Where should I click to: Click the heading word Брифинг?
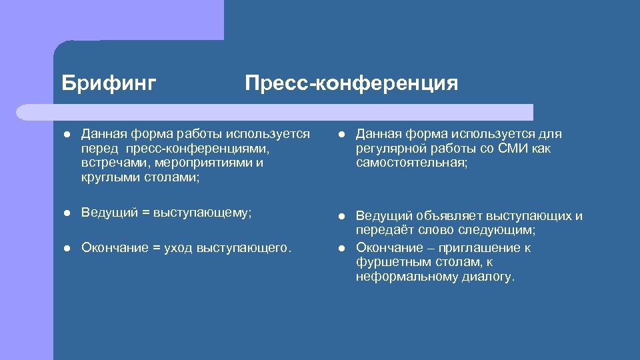click(109, 83)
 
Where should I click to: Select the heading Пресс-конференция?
click(351, 83)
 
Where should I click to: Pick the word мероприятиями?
click(198, 163)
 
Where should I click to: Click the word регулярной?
click(390, 149)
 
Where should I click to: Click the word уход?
click(181, 248)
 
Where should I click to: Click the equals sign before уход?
click(157, 248)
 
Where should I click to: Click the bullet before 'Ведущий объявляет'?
click(340, 216)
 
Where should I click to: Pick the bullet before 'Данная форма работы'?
click(65, 134)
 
